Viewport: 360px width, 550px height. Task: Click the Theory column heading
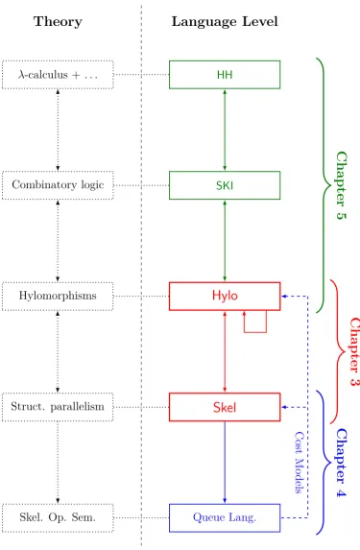58,22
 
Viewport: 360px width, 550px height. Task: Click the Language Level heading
225,22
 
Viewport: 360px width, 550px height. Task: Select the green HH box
225,75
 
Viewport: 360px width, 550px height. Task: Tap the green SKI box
225,185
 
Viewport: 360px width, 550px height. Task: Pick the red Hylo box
225,296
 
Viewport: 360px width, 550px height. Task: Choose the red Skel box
225,407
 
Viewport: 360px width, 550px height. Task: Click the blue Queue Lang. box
225,517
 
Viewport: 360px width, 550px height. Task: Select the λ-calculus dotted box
58,75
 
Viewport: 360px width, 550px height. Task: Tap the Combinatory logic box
58,185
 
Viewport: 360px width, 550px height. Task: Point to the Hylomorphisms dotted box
58,296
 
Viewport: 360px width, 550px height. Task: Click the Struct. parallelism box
58,407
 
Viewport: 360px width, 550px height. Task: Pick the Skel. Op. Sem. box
58,517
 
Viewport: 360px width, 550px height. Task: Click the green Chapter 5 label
341,185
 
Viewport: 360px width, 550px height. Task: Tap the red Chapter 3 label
354,351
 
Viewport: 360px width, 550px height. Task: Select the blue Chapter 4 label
341,463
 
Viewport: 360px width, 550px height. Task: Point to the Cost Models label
299,463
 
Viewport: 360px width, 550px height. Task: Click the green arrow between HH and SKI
225,131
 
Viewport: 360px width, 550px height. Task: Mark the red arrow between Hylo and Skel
225,351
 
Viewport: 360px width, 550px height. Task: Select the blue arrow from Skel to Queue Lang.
225,463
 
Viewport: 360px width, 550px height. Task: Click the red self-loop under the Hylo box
255,332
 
